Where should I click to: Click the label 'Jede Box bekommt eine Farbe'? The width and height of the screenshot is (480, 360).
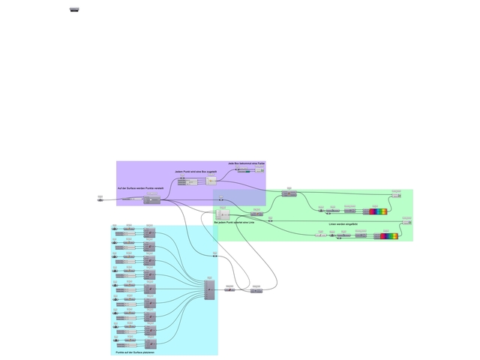[x=247, y=163]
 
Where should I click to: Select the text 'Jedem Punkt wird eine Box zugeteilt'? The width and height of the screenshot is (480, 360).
[x=196, y=172]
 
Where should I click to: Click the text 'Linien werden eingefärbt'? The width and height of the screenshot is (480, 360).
[x=343, y=224]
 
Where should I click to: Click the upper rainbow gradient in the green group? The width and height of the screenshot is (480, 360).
[x=378, y=211]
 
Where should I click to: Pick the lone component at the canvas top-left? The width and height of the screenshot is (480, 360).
[x=74, y=9]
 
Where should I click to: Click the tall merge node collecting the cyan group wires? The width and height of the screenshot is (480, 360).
[x=209, y=289]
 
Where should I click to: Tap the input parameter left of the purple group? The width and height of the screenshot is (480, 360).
[x=100, y=199]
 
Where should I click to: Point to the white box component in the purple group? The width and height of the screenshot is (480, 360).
[x=211, y=181]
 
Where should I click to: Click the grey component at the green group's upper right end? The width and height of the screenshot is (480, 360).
[x=395, y=195]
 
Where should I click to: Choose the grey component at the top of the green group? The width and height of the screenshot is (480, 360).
[x=289, y=194]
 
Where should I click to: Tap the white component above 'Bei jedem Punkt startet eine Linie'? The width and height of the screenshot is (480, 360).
[x=222, y=213]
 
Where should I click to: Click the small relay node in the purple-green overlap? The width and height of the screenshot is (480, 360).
[x=222, y=199]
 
